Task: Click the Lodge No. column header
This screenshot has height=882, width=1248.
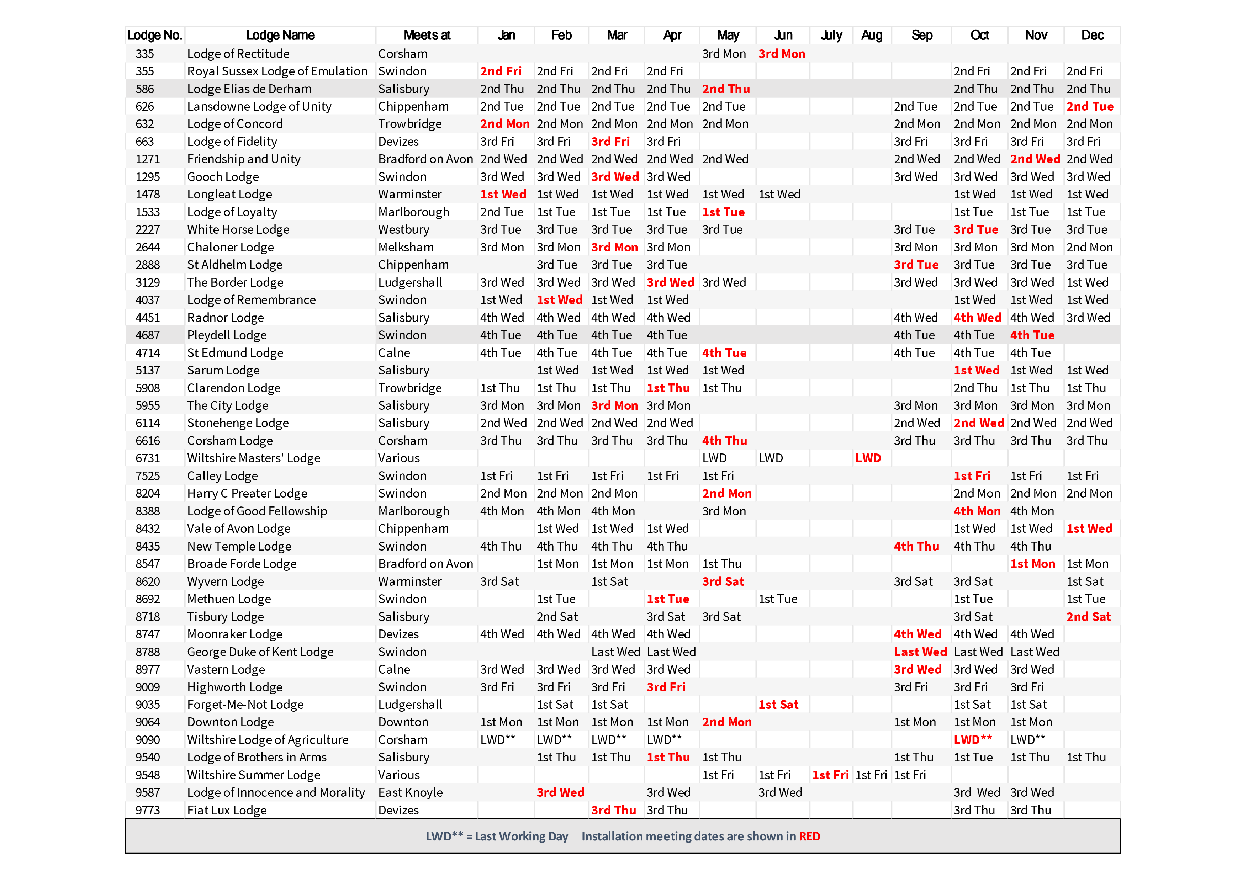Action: click(x=154, y=35)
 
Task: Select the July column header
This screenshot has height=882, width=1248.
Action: click(x=831, y=35)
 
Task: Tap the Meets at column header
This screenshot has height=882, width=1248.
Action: click(x=427, y=35)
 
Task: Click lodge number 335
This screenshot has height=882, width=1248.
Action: click(x=144, y=54)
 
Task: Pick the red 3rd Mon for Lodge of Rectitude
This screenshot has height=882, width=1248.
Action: click(x=781, y=54)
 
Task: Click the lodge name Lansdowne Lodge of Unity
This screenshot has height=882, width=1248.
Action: click(x=259, y=106)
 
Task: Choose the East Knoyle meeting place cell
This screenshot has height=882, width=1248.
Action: click(x=411, y=792)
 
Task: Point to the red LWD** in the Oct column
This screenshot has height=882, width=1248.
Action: click(x=972, y=740)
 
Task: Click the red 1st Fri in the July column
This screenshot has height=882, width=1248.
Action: click(x=830, y=775)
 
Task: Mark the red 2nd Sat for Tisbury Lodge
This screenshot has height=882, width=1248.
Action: click(x=1088, y=617)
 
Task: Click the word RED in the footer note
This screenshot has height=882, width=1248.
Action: click(x=809, y=836)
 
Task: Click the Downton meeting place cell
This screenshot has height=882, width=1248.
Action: click(x=403, y=722)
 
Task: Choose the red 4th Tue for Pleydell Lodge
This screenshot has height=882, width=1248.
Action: click(x=1032, y=335)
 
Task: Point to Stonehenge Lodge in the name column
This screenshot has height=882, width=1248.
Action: click(x=238, y=423)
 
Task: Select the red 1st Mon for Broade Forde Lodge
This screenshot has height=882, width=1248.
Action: click(x=1032, y=564)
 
